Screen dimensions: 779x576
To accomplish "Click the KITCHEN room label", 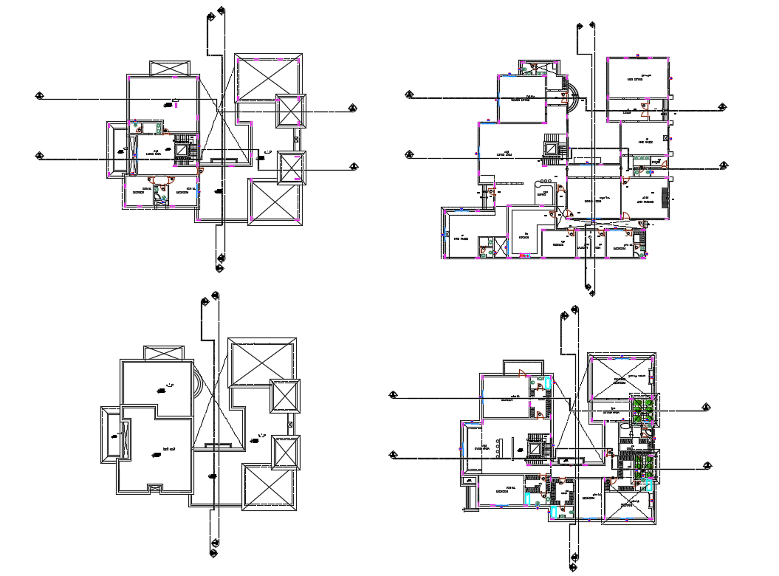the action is pyautogui.click(x=525, y=236).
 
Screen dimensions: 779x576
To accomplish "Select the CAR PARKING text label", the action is pyautogui.click(x=645, y=201).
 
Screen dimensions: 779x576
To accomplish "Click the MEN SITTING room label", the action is pyautogui.click(x=635, y=80).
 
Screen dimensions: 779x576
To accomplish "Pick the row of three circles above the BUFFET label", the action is pyautogui.click(x=544, y=181).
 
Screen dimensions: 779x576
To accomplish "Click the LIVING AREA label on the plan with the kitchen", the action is pyautogui.click(x=504, y=154).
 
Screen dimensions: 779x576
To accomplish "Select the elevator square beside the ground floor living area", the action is pyautogui.click(x=552, y=145).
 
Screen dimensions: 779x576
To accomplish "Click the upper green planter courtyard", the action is pyautogui.click(x=641, y=409).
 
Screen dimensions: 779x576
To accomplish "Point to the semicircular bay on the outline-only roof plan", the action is pyautogui.click(x=199, y=385).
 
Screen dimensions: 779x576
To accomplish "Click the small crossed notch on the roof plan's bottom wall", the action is pyautogui.click(x=155, y=487).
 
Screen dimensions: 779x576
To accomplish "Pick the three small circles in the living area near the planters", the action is pyautogui.click(x=499, y=448).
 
